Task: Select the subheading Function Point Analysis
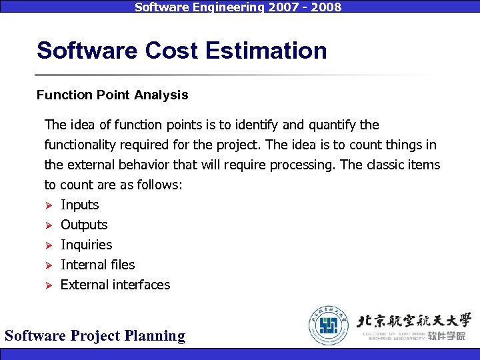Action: tap(112, 95)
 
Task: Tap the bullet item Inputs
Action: tap(79, 205)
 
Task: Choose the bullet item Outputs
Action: tap(84, 225)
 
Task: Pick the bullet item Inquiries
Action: tap(86, 245)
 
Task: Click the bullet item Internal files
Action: tap(97, 265)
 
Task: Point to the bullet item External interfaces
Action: tap(115, 285)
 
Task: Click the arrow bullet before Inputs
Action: tap(48, 205)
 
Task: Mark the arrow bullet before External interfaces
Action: tap(48, 285)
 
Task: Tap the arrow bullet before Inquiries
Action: tap(48, 245)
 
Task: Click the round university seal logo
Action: tap(329, 325)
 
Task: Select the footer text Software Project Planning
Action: tap(95, 335)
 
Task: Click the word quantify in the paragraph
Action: tap(330, 125)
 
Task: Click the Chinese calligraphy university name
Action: tap(413, 321)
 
